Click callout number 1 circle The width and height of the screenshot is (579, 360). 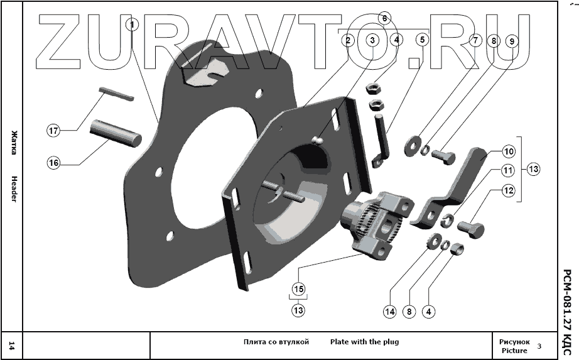(x=131, y=25)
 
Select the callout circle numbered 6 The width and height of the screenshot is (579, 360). (x=385, y=18)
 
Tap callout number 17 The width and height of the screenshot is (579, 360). (x=54, y=131)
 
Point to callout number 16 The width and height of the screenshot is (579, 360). (x=54, y=163)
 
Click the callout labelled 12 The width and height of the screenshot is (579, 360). (x=508, y=190)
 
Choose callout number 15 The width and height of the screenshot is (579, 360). (x=298, y=289)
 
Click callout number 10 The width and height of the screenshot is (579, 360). (x=508, y=151)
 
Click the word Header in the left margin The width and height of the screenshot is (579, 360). (x=13, y=188)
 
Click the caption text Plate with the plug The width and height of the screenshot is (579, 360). (x=364, y=342)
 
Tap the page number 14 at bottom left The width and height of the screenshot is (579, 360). (x=12, y=344)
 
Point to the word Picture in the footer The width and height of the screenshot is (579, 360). (x=514, y=351)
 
